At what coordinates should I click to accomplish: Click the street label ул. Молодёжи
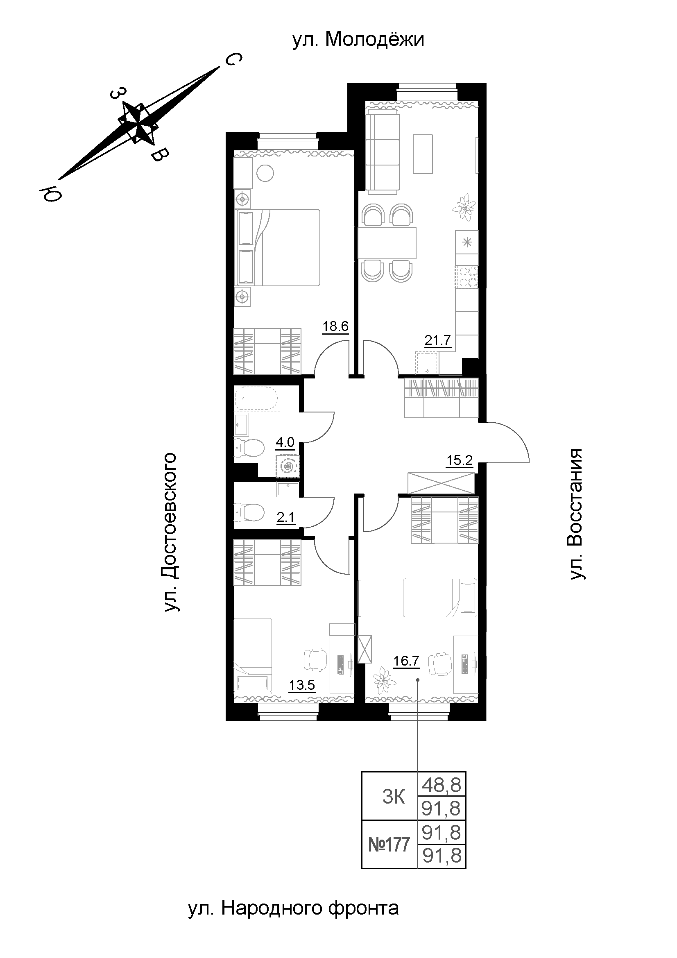(358, 40)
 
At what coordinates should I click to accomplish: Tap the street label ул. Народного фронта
(294, 907)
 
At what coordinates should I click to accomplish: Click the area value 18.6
(335, 326)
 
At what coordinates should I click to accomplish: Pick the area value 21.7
(437, 341)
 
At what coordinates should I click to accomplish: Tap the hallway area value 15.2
(460, 461)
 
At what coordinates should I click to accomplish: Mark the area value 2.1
(285, 518)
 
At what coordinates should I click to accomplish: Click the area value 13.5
(302, 685)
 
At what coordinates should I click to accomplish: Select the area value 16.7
(406, 661)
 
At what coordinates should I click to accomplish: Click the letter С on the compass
(233, 60)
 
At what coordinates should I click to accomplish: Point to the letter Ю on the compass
(50, 194)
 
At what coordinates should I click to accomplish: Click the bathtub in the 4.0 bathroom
(257, 399)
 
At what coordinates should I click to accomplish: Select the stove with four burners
(467, 277)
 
